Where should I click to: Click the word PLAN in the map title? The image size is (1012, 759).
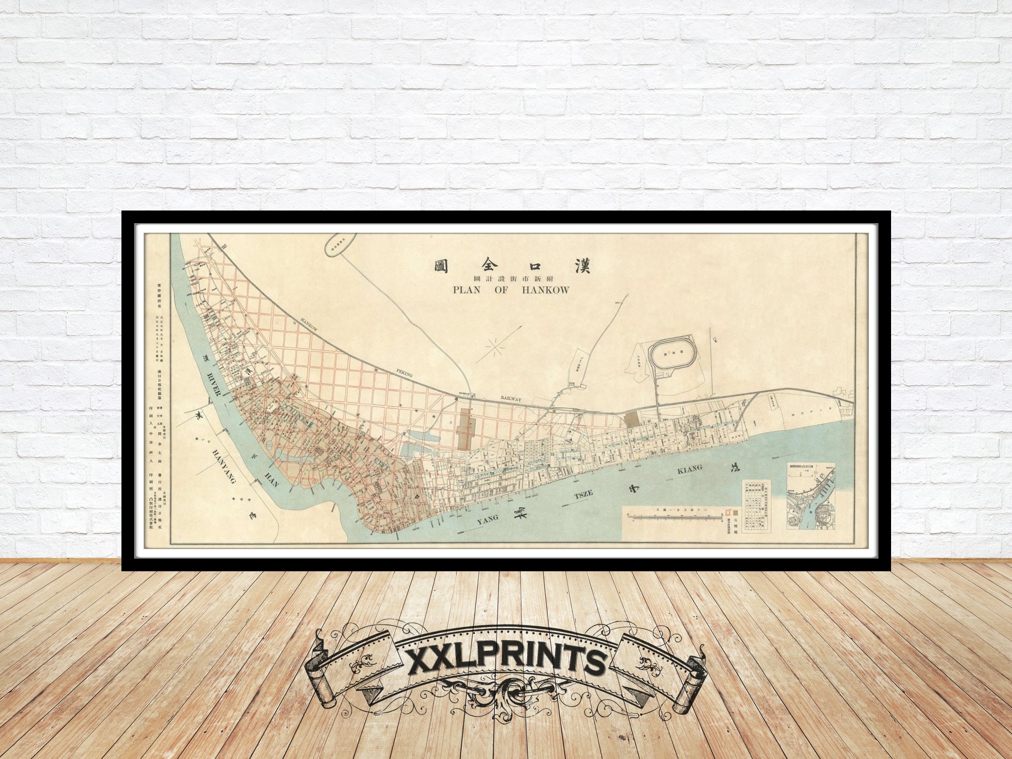(x=466, y=290)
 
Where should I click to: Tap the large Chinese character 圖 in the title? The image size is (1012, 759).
(x=442, y=266)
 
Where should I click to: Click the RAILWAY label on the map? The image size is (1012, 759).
(x=511, y=399)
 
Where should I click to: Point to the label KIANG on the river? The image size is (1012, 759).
(x=690, y=470)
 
